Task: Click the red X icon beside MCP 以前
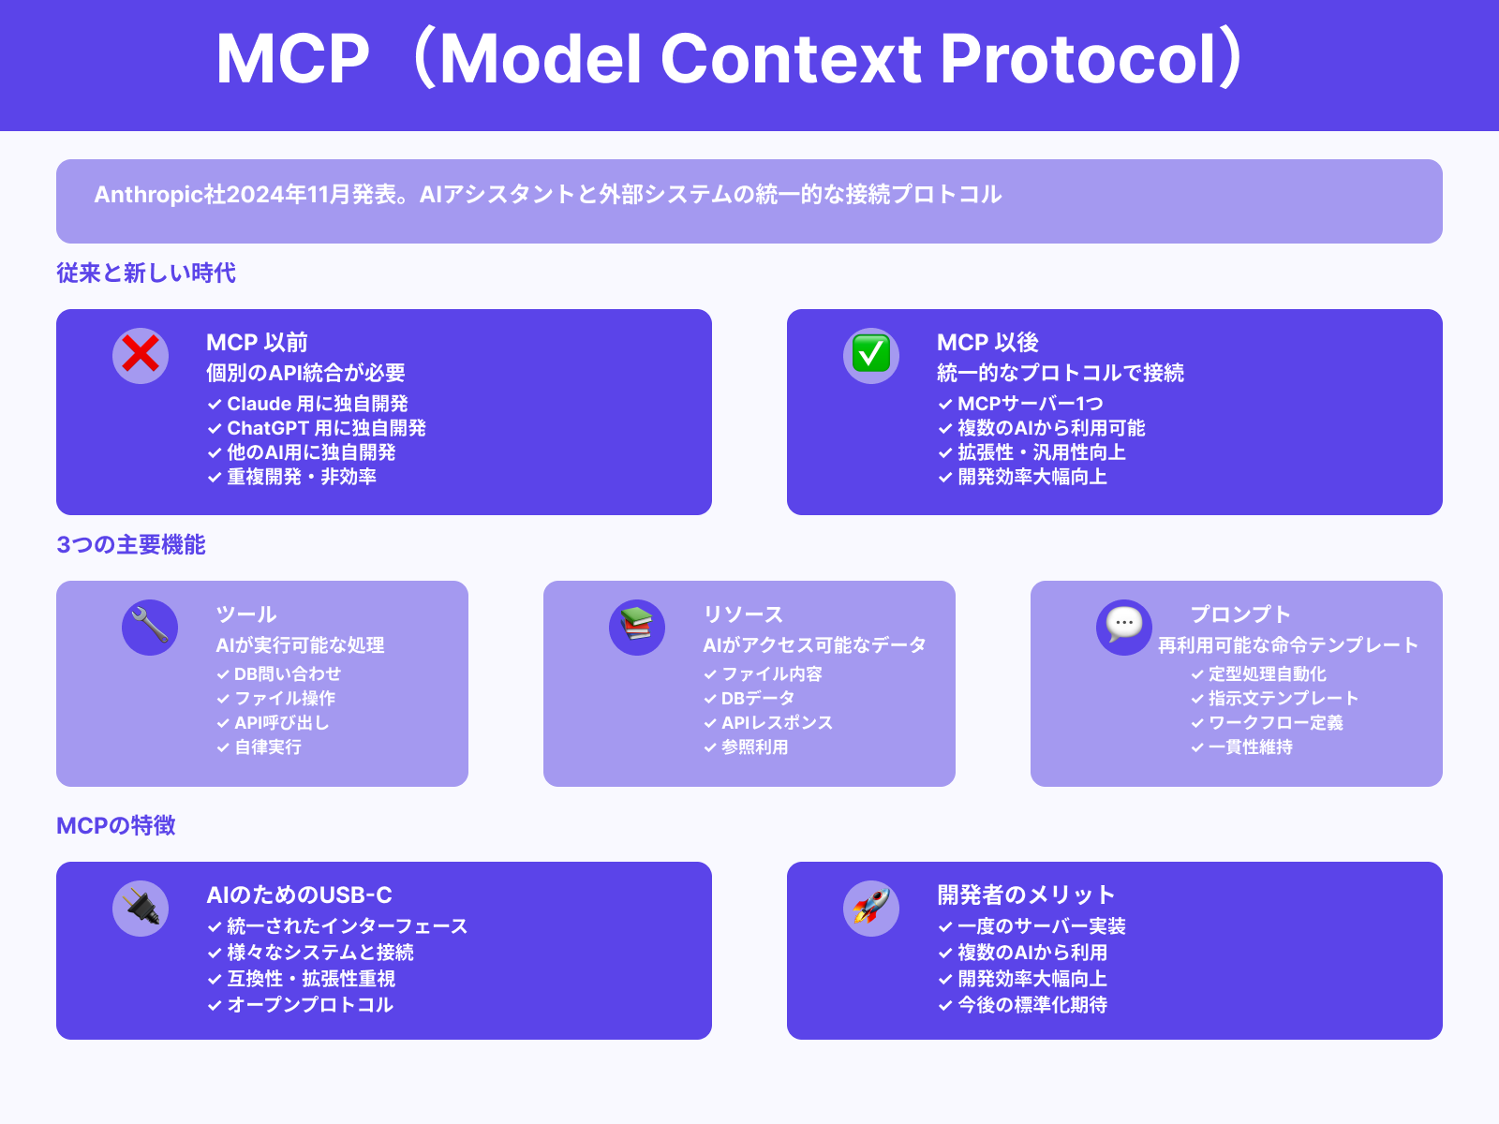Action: click(141, 355)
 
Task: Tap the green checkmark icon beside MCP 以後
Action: click(871, 355)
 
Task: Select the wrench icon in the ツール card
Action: click(150, 627)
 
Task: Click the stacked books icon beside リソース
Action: click(637, 627)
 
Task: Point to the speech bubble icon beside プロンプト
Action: click(1124, 627)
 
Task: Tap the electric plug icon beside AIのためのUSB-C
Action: click(141, 908)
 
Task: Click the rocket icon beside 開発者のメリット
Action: click(871, 908)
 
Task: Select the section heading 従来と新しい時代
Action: click(146, 273)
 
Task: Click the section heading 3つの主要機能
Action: click(131, 544)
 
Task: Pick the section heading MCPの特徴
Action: click(116, 825)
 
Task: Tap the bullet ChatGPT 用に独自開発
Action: click(326, 428)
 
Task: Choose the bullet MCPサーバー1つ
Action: click(1030, 404)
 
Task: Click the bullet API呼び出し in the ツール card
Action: click(281, 722)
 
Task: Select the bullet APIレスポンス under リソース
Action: click(777, 722)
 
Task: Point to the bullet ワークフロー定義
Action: click(1275, 722)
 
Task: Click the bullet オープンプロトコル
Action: click(310, 1005)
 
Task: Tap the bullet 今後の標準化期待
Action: click(1031, 1005)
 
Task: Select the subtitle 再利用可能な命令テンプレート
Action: click(1288, 645)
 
